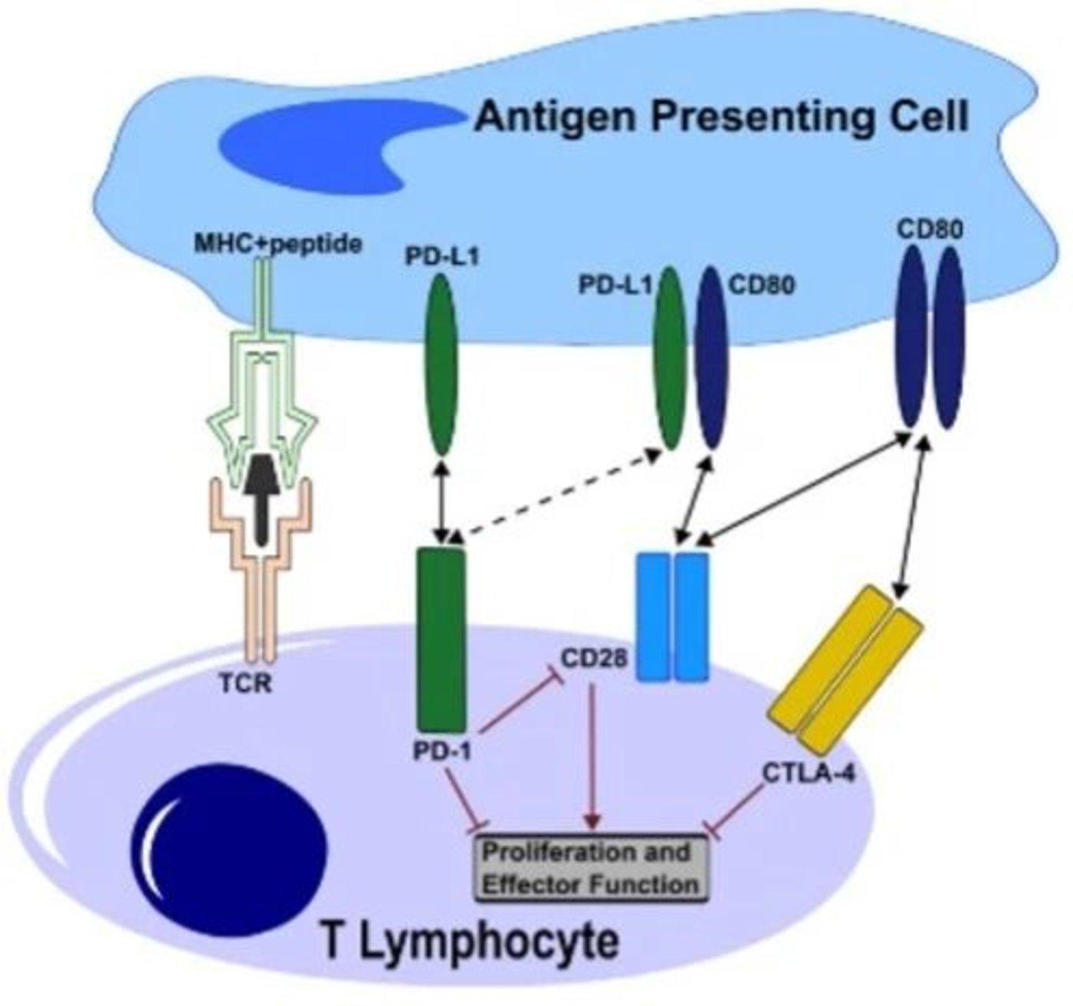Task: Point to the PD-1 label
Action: (442, 751)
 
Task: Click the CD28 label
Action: (593, 658)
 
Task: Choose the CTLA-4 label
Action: (809, 771)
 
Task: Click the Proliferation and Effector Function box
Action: (589, 868)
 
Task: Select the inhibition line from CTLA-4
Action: (743, 810)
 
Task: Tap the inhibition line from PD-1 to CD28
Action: (514, 702)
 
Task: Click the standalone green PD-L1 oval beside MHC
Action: (440, 364)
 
